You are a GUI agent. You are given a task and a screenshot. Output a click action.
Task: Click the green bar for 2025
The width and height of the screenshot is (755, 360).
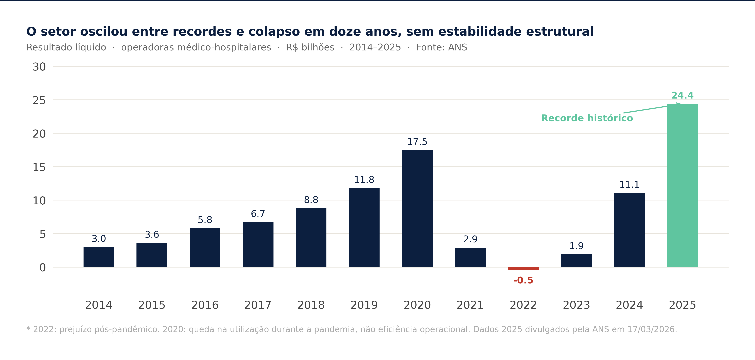coord(682,185)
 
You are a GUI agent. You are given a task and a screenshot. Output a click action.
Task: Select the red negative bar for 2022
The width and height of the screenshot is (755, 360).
coord(523,269)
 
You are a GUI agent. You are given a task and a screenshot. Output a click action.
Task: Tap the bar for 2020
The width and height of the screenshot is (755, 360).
coord(417,209)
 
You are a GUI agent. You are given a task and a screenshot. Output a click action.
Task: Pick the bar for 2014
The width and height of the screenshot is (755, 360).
coord(99,257)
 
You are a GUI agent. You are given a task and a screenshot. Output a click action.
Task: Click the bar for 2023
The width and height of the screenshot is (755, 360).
coord(576,261)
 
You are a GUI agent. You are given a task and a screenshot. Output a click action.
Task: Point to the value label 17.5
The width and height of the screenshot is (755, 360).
coord(417,142)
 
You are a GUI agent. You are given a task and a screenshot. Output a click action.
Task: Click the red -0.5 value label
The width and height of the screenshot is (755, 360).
coord(523,281)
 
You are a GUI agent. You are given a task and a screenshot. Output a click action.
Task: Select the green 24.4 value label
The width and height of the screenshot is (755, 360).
coord(682,95)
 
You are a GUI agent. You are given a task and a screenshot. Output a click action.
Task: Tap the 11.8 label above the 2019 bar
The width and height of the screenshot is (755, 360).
coord(364,180)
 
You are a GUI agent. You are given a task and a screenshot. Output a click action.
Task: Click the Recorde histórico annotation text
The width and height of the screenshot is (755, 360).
coord(587,118)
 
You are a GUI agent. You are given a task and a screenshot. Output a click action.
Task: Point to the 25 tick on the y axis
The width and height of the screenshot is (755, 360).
coord(39,101)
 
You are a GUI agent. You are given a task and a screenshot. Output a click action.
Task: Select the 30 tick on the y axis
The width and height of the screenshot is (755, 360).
coord(39,67)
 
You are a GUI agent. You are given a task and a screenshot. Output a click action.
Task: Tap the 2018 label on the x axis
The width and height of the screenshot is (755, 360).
coord(311,305)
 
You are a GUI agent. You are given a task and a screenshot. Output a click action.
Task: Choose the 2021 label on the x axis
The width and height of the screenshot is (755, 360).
coord(470,305)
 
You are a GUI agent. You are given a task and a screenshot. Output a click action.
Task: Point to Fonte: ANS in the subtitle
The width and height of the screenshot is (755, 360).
coord(441,48)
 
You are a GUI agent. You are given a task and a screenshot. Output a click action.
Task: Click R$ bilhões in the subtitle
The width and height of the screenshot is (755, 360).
coord(310,48)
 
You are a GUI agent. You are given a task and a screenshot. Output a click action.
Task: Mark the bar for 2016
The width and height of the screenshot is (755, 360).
coord(205,248)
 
